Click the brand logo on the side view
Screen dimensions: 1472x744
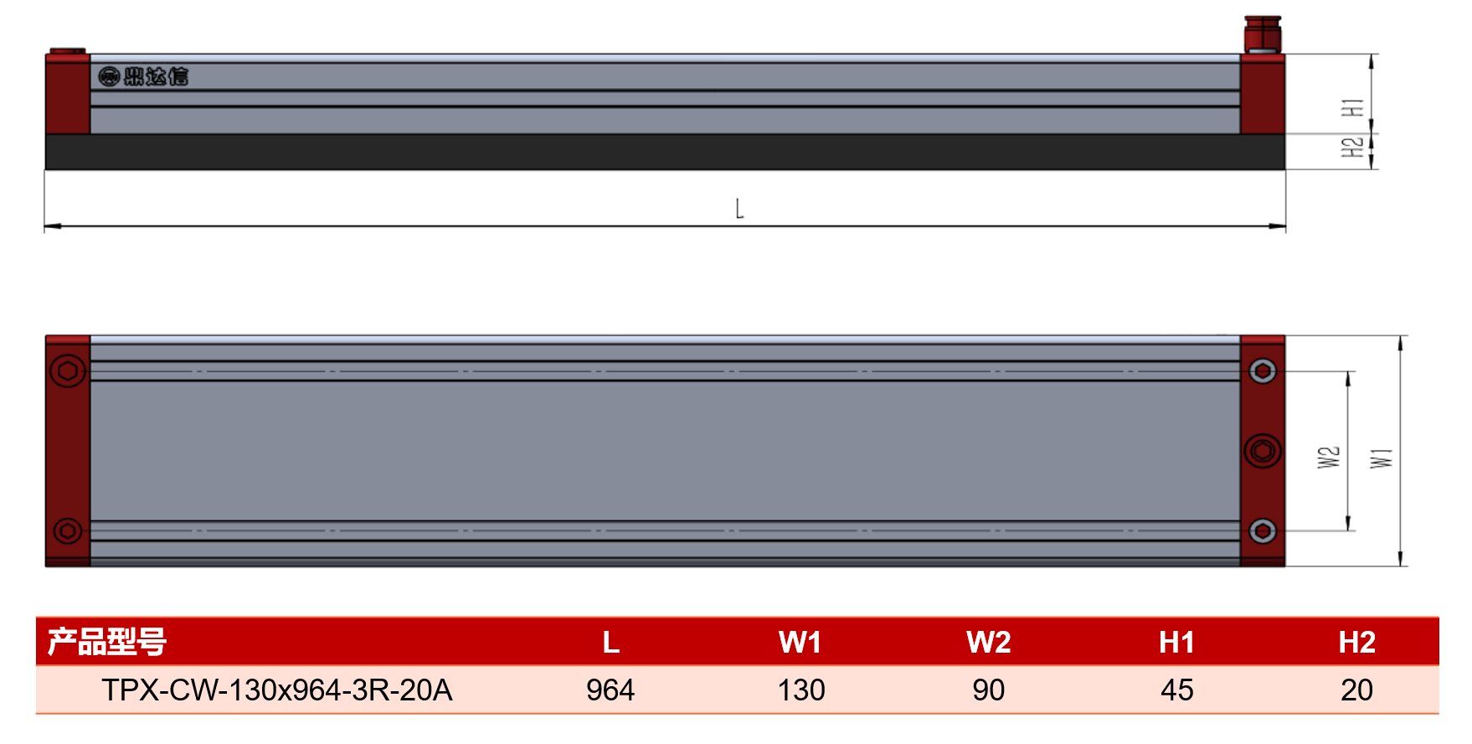[x=143, y=76]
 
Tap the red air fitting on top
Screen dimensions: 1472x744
[x=1262, y=34]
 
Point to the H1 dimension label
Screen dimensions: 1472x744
[x=1352, y=107]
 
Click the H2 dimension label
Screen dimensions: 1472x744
[x=1352, y=147]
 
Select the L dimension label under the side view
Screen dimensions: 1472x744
[x=739, y=209]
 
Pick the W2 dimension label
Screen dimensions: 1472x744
[x=1329, y=457]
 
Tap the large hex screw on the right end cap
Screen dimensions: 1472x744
[x=1263, y=451]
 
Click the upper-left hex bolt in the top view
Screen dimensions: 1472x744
[x=68, y=370]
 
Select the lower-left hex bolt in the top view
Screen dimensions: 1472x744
[x=68, y=530]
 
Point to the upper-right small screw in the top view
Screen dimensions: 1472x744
[x=1263, y=370]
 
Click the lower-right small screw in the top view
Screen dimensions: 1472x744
[x=1263, y=530]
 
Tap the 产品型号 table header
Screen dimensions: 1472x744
[x=106, y=642]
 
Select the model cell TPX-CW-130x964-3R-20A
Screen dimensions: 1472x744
[x=277, y=690]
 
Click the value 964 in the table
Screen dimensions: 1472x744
[x=610, y=690]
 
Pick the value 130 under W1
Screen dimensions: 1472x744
[x=801, y=690]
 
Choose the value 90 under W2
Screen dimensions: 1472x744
[x=988, y=690]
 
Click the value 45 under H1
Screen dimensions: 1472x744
[x=1177, y=690]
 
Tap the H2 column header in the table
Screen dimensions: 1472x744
[x=1356, y=642]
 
